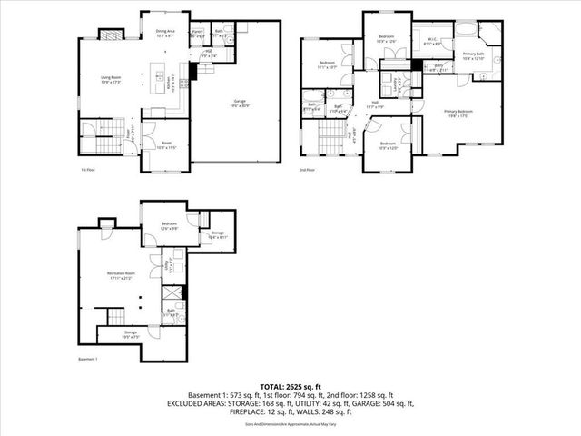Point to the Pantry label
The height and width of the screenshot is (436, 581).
click(197, 34)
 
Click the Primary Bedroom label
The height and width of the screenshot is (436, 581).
click(459, 113)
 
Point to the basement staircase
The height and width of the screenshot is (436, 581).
click(113, 317)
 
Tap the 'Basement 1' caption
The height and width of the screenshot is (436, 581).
click(89, 360)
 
